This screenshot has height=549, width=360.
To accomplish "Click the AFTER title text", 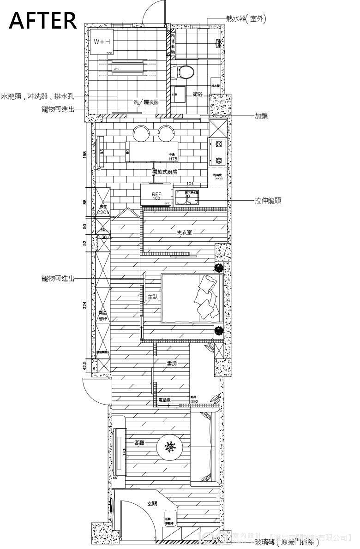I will [x=43, y=20].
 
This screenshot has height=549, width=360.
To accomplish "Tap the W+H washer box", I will [x=102, y=42].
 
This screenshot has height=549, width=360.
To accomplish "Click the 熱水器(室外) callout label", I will [x=246, y=18].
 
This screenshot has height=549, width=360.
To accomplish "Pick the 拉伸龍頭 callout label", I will [x=268, y=201].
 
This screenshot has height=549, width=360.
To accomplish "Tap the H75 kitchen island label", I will [x=173, y=159].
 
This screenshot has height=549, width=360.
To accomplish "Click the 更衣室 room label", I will [x=184, y=232].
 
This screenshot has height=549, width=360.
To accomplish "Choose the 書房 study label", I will [x=171, y=364].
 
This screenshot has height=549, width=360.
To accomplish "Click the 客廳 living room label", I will [x=139, y=442].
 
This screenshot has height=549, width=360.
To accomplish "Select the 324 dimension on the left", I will [x=84, y=305].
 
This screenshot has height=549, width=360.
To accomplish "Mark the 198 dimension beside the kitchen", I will [x=84, y=155].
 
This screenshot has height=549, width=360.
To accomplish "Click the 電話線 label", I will [x=164, y=400].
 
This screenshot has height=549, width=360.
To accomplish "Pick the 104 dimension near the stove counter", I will [x=190, y=184].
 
